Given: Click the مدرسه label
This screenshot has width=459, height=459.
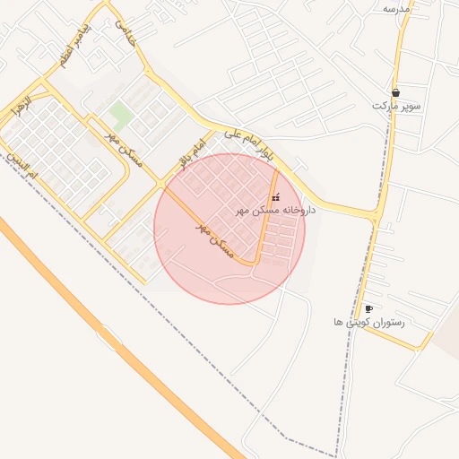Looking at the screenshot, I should [x=395, y=8].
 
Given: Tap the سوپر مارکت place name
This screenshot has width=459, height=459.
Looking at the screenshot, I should [x=396, y=106].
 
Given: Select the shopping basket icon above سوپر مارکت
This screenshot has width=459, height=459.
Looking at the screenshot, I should [x=395, y=91].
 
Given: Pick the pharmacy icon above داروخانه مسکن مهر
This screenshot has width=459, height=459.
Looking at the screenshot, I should [x=275, y=197].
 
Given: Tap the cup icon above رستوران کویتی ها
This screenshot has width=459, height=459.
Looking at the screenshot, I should [x=368, y=308].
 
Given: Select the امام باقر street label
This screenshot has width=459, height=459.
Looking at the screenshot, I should [x=192, y=152].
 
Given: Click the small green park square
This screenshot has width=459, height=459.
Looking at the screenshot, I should [x=119, y=114].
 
